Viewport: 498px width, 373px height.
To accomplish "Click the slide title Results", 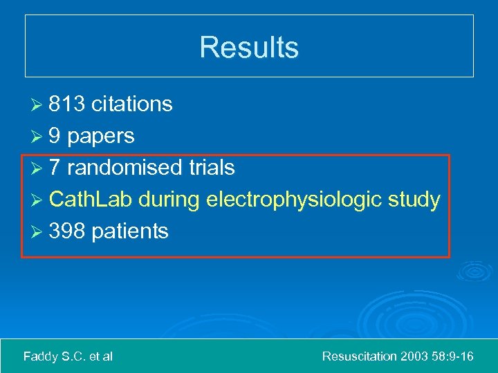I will pyautogui.click(x=249, y=47).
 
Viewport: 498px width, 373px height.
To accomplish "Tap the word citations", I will pyautogui.click(x=131, y=104).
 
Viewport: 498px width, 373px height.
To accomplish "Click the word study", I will pyautogui.click(x=414, y=200).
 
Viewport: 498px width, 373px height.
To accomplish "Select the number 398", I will pyautogui.click(x=67, y=231).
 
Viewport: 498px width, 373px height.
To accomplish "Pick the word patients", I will pyautogui.click(x=129, y=231).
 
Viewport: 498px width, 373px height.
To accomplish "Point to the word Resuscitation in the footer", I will pyautogui.click(x=360, y=356).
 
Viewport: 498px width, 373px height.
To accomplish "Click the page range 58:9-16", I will pyautogui.click(x=452, y=356).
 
